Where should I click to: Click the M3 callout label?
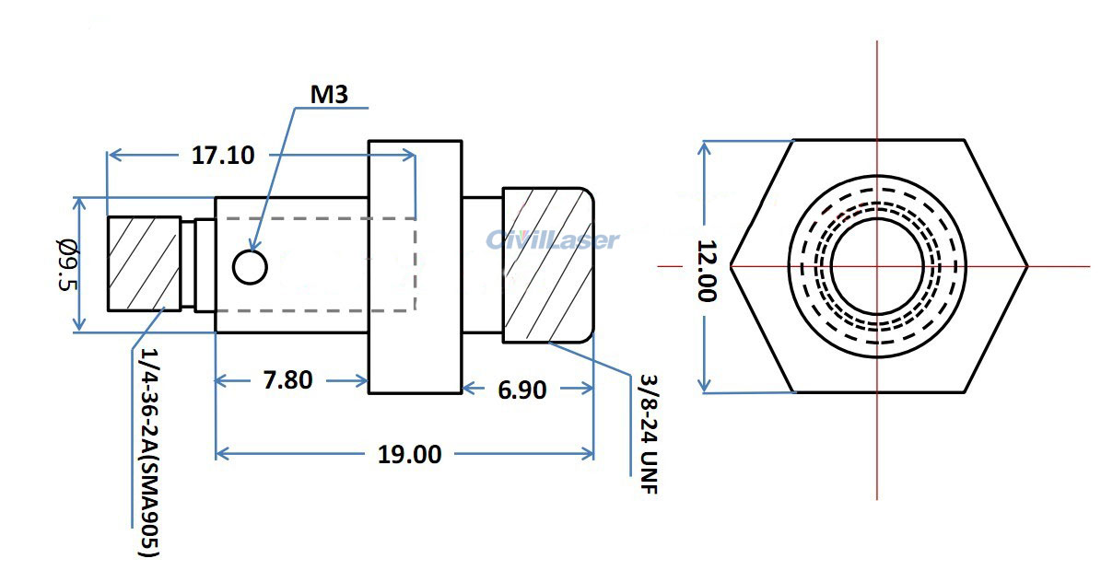coord(330,93)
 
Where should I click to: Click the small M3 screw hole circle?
coord(250,267)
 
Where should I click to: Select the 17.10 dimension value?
coord(223,155)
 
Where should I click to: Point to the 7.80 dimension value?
coord(287,379)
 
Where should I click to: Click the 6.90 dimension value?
coord(522,390)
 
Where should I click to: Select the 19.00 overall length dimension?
coord(409,453)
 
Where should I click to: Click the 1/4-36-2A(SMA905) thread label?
coord(149,451)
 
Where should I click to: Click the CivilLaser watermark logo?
coord(553,240)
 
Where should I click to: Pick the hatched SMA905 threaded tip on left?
coord(143,263)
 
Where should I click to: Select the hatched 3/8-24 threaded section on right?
coord(547,265)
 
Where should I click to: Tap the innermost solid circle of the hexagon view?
coord(876,266)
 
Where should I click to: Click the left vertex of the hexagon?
coord(732,267)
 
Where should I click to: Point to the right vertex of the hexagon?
coord(1027,267)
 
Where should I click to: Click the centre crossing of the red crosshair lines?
coord(877,267)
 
